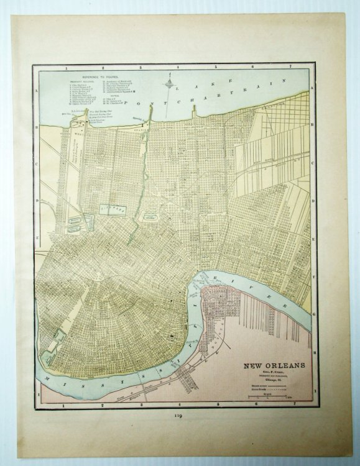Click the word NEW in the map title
tap(254, 365)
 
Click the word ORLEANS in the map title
tap(285, 365)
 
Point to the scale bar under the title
tap(274, 395)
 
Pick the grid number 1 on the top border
tap(65, 65)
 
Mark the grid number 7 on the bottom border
tap(292, 404)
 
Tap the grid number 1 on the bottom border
tap(64, 404)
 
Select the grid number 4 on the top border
tap(178, 65)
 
